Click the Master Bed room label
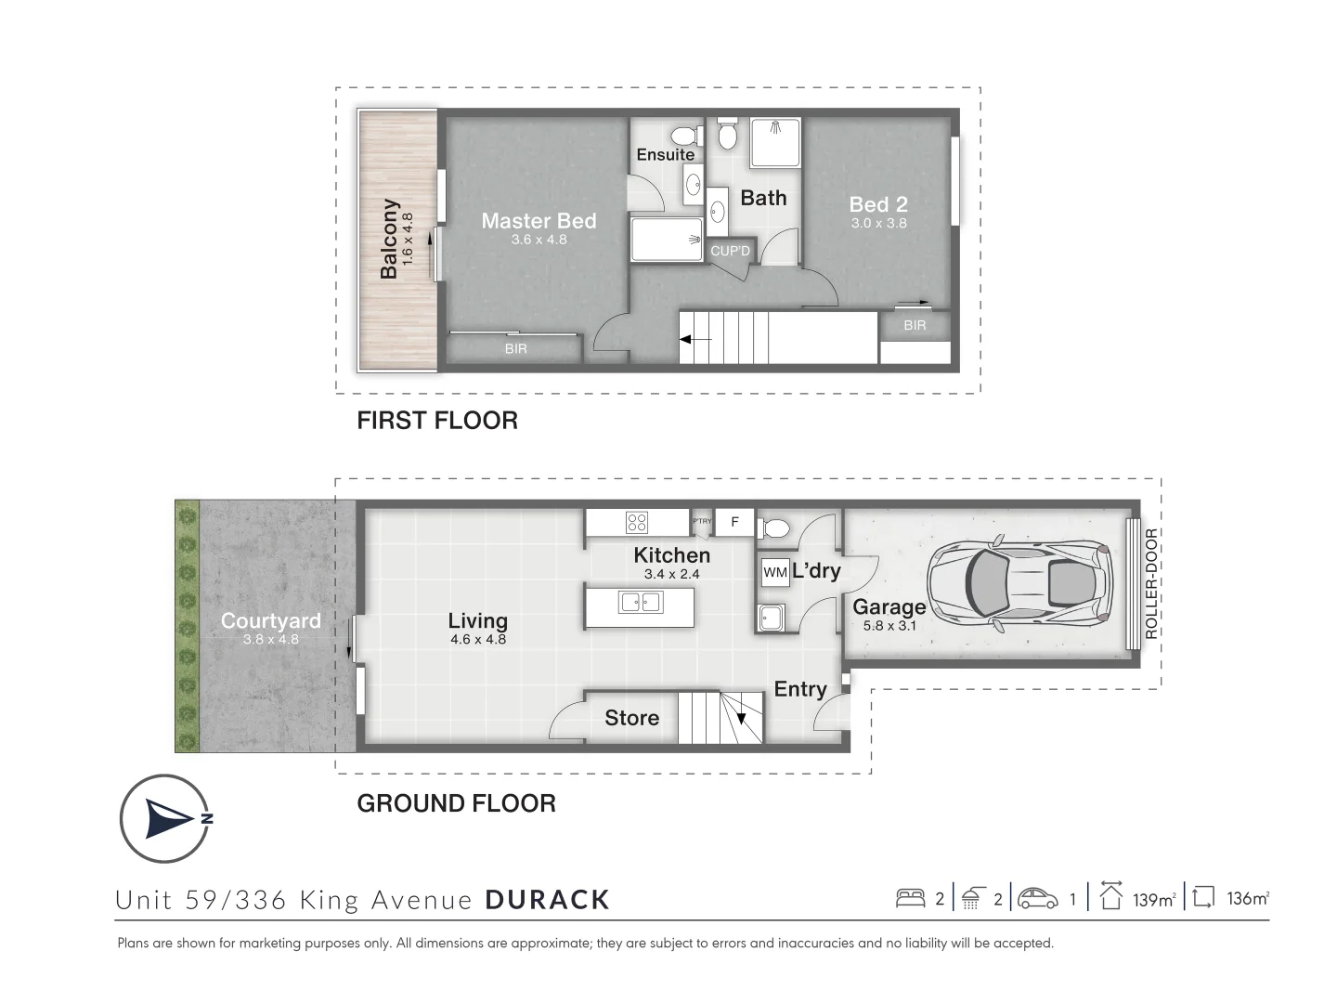point(539,221)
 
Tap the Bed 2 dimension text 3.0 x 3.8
point(878,223)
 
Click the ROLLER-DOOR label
point(1151,583)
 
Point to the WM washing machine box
point(774,573)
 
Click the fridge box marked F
point(734,522)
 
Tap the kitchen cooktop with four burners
point(637,523)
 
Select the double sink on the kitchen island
point(640,603)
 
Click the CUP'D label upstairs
point(731,252)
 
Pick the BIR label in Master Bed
point(515,349)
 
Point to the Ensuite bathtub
point(667,240)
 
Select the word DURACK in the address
point(548,900)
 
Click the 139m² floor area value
point(1154,899)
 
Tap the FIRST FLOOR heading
point(437,421)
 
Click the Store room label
point(631,718)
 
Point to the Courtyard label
point(270,621)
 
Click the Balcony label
point(389,239)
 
